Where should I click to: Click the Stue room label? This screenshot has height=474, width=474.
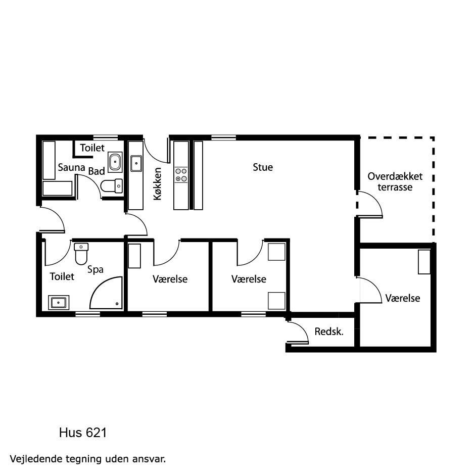point(263,167)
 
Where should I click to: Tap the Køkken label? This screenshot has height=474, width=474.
point(158,184)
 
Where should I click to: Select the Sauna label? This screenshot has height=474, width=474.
point(71,167)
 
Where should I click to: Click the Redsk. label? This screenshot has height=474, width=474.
point(329,331)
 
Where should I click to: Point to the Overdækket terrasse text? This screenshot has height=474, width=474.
point(395,181)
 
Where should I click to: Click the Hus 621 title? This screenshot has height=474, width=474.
point(83,433)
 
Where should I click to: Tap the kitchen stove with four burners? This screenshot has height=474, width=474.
point(181,175)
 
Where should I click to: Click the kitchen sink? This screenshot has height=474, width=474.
point(136,164)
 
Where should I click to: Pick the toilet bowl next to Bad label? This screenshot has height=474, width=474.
point(111,186)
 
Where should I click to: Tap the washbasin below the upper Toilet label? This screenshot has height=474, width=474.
point(115,162)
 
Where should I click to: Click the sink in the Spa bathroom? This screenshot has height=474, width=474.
point(59,302)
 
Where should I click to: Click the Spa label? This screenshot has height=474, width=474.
point(95,269)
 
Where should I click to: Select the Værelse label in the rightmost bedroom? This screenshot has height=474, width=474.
point(402,298)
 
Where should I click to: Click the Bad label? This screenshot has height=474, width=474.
point(97,171)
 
